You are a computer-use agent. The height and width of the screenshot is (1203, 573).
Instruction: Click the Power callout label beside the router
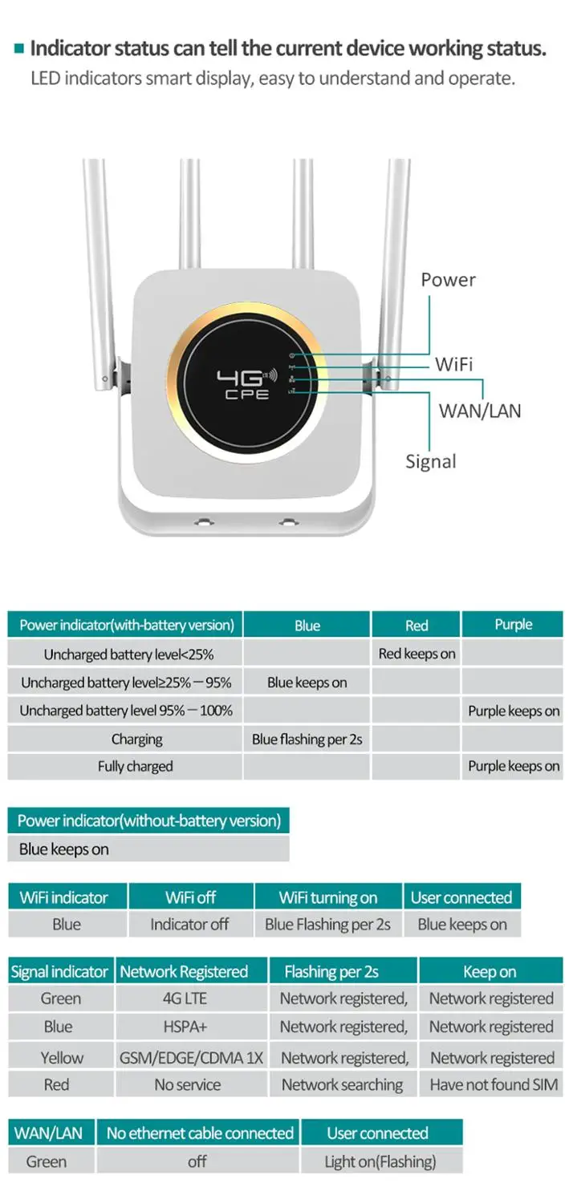pos(448,280)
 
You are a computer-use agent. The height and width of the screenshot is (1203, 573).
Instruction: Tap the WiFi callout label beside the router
pos(453,365)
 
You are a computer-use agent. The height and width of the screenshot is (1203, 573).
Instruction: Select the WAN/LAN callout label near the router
pos(479,411)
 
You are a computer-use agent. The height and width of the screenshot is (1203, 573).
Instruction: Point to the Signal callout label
pos(431,461)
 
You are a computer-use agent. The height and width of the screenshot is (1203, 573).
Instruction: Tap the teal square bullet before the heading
pos(19,49)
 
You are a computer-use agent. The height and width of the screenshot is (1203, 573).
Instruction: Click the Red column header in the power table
pos(416,625)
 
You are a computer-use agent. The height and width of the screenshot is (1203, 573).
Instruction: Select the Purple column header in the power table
pos(513,624)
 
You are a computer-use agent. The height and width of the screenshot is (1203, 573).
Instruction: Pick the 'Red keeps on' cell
pos(417,654)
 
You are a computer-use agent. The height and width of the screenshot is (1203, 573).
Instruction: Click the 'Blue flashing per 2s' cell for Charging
pos(307,739)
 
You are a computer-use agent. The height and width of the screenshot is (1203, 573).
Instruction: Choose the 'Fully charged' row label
pos(135,767)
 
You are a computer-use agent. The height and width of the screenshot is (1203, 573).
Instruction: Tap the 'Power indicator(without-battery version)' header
pos(149,820)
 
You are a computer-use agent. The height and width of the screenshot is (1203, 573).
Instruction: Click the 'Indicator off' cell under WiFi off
pos(189,924)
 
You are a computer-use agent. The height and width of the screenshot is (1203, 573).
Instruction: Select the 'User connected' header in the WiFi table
pos(461,897)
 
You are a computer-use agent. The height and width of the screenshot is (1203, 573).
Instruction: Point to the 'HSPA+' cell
pos(185,1027)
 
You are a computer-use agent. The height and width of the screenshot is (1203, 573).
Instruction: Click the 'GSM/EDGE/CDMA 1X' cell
pos(191,1058)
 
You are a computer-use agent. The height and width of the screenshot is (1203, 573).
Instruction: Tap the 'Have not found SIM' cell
pos(494,1085)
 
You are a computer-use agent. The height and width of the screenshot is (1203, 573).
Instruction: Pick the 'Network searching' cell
pos(342,1085)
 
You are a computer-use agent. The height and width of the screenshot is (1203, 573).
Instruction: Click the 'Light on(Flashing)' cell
pos(380,1161)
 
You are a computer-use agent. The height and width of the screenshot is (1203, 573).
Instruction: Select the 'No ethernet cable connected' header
pos(199,1132)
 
